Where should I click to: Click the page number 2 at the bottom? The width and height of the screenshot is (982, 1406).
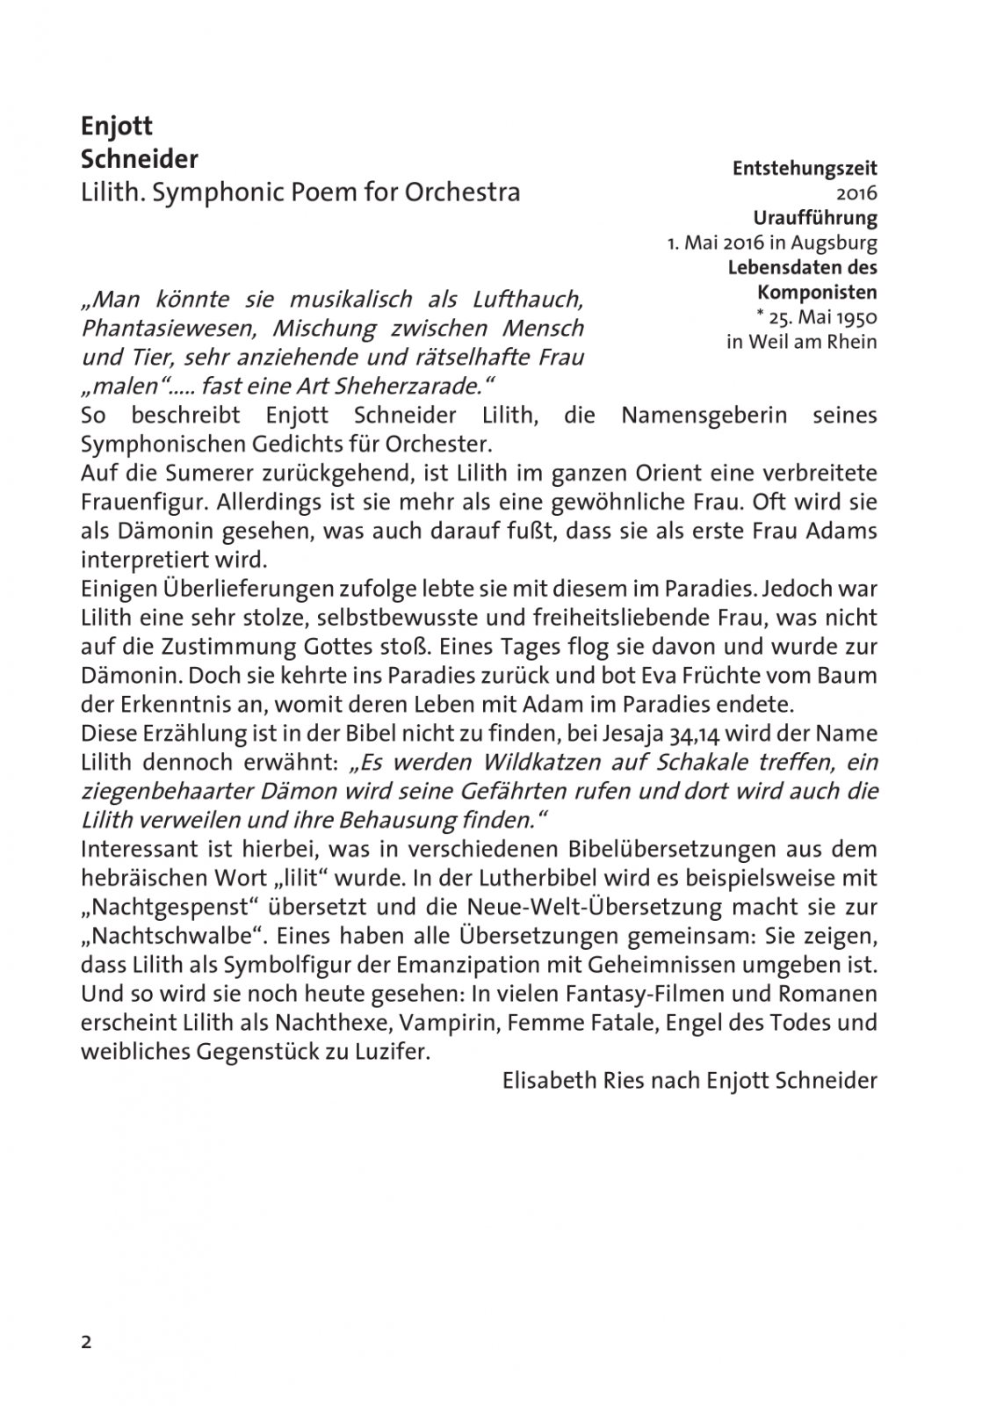[x=86, y=1342]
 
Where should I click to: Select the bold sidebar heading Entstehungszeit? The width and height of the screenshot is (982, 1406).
[x=805, y=168]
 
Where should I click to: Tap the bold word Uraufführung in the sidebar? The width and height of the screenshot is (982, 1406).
[x=815, y=217]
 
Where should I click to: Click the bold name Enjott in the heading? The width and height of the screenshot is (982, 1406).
[x=117, y=127]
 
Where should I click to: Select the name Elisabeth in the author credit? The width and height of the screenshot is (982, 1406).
[x=545, y=1081]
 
